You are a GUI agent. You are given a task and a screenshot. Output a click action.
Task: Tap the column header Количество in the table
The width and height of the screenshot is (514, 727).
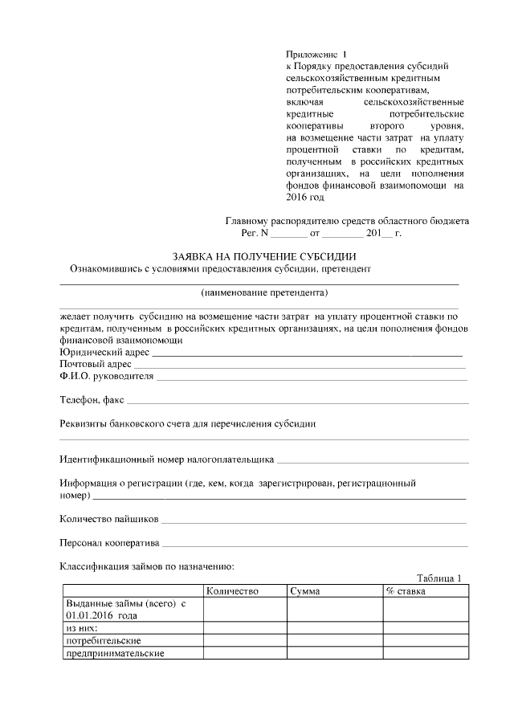(232, 591)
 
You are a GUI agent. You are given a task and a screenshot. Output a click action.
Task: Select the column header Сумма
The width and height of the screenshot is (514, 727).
(306, 591)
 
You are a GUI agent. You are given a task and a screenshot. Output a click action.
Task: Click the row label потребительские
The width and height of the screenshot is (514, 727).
(104, 640)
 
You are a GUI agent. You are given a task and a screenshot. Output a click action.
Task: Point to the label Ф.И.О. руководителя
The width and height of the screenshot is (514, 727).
(106, 376)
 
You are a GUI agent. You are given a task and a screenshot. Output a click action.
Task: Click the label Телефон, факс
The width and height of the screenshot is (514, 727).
(92, 399)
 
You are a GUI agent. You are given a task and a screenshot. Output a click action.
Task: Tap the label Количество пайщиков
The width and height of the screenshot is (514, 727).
(109, 519)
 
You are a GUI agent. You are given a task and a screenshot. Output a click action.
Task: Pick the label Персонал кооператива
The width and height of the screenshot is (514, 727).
(110, 542)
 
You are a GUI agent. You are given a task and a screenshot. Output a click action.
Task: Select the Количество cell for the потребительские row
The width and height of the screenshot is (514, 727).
(244, 640)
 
